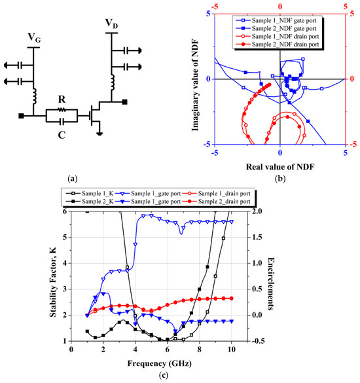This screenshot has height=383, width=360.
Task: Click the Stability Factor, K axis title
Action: pyautogui.click(x=54, y=276)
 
